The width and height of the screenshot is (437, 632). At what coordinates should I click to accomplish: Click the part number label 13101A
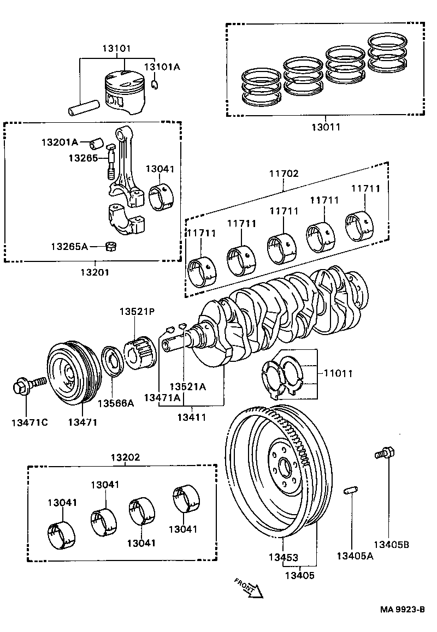point(162,67)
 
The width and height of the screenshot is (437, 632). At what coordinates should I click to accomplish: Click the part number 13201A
point(60,142)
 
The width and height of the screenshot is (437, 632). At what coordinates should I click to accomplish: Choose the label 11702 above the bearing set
point(284,174)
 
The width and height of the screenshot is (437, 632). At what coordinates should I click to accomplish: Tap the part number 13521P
point(137,312)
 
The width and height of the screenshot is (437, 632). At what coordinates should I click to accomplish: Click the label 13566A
point(115,403)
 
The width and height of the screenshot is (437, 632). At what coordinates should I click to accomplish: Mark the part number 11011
point(338,374)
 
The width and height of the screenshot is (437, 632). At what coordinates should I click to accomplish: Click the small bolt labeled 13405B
point(384,452)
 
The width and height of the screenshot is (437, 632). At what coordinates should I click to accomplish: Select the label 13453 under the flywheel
point(283,558)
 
